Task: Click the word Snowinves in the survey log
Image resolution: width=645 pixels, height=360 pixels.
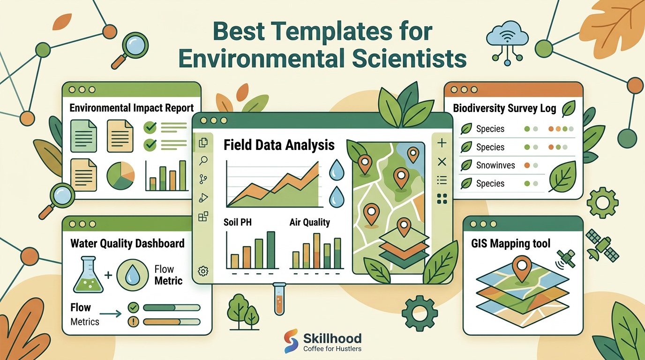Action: click(495, 165)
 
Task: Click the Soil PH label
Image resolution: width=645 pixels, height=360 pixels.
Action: click(238, 222)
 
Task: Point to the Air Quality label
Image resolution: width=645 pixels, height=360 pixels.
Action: click(309, 222)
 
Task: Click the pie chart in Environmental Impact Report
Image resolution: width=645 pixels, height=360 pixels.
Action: click(120, 175)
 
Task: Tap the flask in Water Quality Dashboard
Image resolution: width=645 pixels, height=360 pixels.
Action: click(88, 275)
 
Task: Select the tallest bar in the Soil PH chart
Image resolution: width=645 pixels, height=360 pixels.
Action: click(270, 250)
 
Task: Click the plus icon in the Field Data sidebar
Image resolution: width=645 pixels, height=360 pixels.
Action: click(442, 143)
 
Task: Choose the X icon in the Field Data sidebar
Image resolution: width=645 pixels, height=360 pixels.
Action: click(442, 162)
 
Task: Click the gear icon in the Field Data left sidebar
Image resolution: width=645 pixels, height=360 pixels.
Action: click(203, 271)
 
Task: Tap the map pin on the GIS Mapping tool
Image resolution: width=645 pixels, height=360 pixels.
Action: click(521, 269)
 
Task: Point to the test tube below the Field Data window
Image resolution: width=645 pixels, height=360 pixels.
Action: click(279, 299)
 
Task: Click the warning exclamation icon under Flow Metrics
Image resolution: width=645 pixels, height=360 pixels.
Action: click(133, 322)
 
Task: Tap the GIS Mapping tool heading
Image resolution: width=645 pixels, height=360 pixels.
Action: click(510, 243)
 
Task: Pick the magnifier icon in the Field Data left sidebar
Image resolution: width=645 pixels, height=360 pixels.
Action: click(203, 161)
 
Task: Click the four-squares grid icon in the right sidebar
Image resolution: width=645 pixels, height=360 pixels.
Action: click(442, 199)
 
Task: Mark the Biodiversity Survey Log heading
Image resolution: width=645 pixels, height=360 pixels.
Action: click(504, 108)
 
